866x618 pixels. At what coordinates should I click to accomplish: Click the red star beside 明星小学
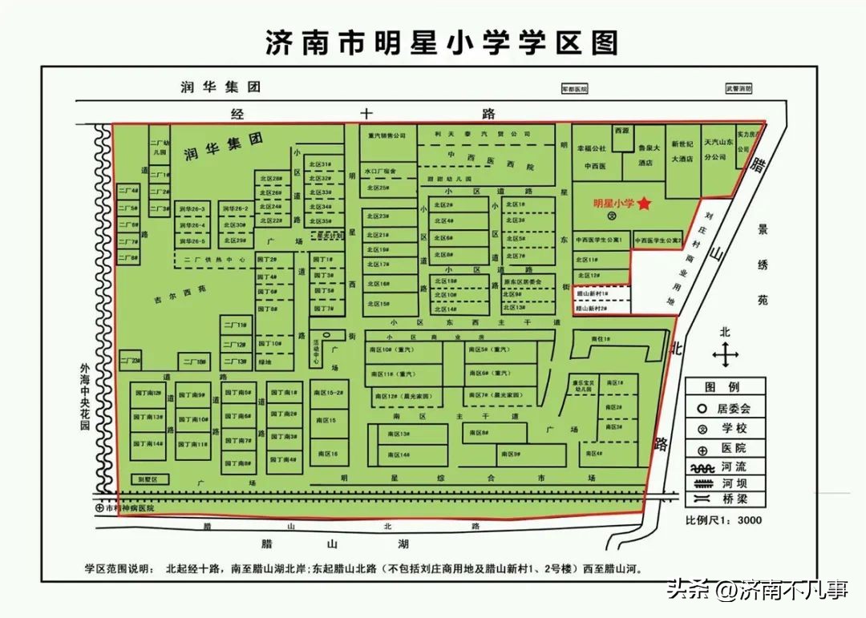[x=644, y=204]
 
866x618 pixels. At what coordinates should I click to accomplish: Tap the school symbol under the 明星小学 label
[x=611, y=216]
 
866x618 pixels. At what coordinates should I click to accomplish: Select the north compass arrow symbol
[x=725, y=353]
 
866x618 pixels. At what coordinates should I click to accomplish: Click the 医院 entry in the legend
[x=726, y=447]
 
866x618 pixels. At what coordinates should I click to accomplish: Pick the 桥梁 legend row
[x=726, y=499]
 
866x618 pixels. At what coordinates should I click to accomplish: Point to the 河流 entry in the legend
[x=726, y=466]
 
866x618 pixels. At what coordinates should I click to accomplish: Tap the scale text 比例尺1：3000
[x=722, y=520]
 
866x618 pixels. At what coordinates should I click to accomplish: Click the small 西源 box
[x=622, y=131]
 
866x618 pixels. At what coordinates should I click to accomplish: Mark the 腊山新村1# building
[x=593, y=294]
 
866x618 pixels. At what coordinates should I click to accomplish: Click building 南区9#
[x=512, y=454]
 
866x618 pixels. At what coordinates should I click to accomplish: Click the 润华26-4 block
[x=192, y=225]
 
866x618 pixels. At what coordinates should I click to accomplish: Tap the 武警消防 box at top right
[x=739, y=89]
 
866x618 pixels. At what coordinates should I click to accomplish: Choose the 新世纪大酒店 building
[x=682, y=151]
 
